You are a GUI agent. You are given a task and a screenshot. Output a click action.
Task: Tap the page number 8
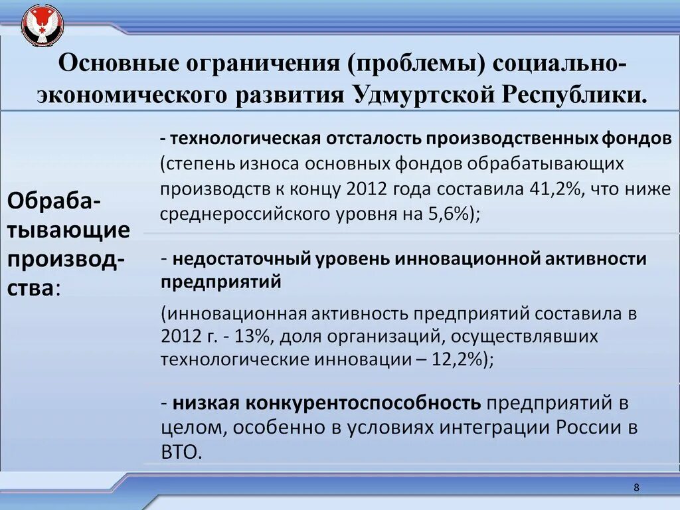[x=637, y=488]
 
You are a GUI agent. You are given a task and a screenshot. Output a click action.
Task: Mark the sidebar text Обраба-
[x=54, y=200]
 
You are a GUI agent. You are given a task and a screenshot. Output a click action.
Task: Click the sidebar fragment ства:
[x=33, y=288]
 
